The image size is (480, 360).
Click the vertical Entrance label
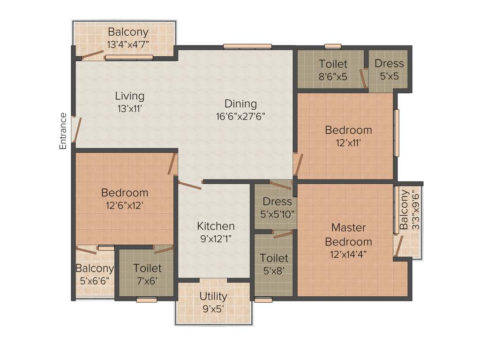63,131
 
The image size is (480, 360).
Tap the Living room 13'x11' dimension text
129,108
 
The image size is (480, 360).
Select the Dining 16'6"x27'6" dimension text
241,116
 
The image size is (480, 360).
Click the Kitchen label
216,225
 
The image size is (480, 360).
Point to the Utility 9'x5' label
213,302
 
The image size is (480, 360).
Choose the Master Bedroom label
348,234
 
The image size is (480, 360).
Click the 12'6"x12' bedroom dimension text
124,204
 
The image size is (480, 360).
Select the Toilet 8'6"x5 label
333,69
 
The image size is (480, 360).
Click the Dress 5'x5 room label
389,69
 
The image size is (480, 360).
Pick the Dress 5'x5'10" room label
277,208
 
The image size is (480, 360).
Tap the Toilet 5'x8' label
274,264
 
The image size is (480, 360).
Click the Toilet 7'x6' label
147,274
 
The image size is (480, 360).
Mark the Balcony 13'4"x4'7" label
128,38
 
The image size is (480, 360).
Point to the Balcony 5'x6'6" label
95,274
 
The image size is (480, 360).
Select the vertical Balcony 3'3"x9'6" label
408,209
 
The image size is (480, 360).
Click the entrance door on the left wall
77,129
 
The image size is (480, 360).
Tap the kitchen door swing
190,186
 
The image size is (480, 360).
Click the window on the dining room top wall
247,46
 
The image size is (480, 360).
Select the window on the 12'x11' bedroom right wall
397,133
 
